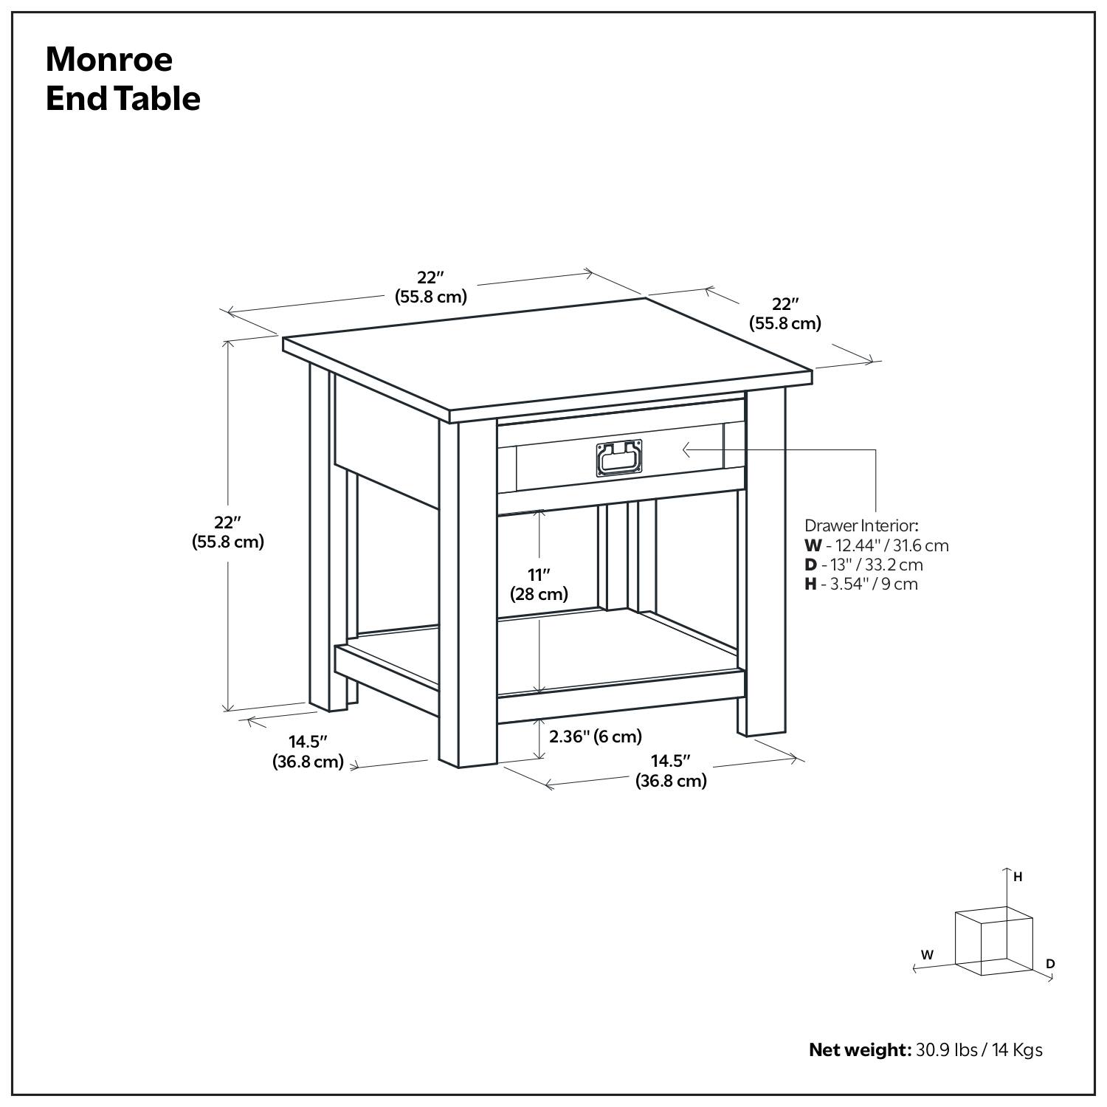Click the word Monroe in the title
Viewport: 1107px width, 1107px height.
pyautogui.click(x=109, y=60)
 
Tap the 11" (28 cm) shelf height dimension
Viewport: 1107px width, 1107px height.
pyautogui.click(x=539, y=584)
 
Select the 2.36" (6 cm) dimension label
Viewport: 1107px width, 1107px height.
pyautogui.click(x=596, y=736)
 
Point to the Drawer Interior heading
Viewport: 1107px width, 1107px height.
pyautogui.click(x=861, y=525)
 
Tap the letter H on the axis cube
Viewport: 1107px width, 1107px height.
pyautogui.click(x=1018, y=877)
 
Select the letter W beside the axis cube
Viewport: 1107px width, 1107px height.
pyautogui.click(x=927, y=954)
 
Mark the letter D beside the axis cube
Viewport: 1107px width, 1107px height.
pyautogui.click(x=1050, y=963)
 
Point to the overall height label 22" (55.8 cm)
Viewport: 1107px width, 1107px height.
pyautogui.click(x=228, y=531)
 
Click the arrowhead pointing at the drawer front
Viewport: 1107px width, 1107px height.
pyautogui.click(x=686, y=449)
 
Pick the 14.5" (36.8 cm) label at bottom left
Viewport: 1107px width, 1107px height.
pyautogui.click(x=308, y=751)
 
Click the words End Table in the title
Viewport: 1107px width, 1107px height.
pyautogui.click(x=123, y=99)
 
